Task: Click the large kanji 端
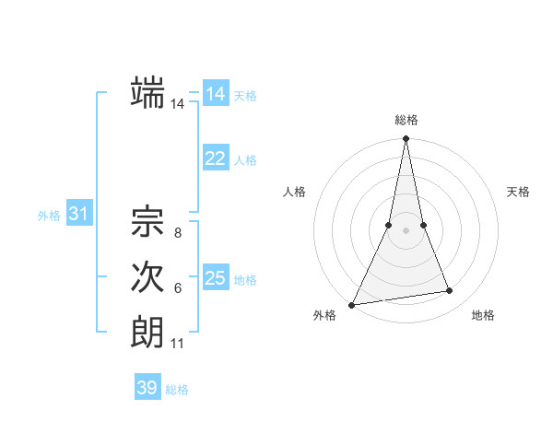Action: coord(147,92)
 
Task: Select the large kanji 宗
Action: coord(147,221)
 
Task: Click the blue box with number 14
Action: coord(216,94)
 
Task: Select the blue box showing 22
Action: coord(216,158)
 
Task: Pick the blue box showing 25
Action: coord(216,278)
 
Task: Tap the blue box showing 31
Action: coord(79,215)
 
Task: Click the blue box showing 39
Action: coord(147,388)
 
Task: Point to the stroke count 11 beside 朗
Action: coord(177,345)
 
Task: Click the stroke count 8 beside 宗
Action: coord(177,233)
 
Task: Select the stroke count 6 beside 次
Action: coord(177,288)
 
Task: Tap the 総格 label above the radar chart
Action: coord(406,120)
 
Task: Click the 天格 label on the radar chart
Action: coord(518,192)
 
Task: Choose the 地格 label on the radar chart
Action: coord(483,315)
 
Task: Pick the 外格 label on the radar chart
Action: coord(324,315)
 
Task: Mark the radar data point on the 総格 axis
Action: coord(406,140)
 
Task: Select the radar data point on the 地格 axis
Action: coord(450,291)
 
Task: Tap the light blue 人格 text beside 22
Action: coord(246,159)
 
